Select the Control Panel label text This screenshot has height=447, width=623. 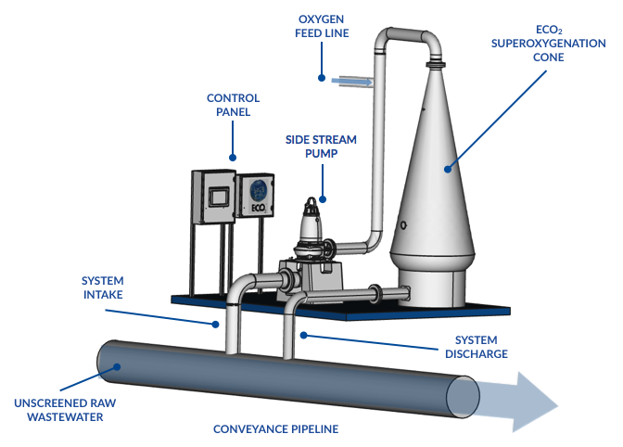[233, 105]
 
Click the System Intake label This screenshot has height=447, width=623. [108, 287]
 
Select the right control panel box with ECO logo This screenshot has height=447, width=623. [255, 198]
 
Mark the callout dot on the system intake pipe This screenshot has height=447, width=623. [217, 324]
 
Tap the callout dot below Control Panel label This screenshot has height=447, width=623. [233, 157]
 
